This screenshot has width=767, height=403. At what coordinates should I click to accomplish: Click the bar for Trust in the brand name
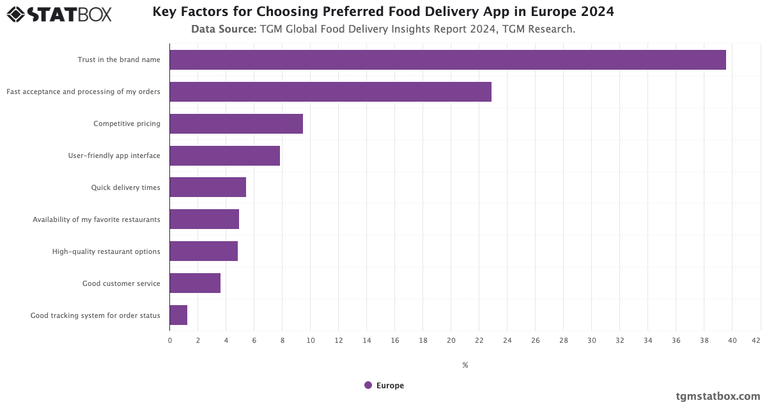click(x=447, y=59)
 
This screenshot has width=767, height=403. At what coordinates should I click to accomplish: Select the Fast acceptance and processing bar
click(x=330, y=91)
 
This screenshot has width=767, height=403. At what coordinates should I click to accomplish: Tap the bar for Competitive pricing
click(x=236, y=123)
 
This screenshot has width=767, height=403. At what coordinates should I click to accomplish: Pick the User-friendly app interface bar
click(x=224, y=155)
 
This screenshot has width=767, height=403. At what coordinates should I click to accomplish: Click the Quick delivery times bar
click(x=208, y=187)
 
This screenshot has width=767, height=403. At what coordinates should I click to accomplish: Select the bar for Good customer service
click(x=195, y=283)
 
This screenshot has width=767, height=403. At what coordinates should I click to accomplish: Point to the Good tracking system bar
click(x=178, y=315)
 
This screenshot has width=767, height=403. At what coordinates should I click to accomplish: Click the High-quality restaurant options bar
click(x=203, y=251)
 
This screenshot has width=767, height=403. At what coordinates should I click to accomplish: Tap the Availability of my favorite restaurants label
click(x=97, y=219)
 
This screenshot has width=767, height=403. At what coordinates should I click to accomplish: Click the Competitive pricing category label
click(x=127, y=123)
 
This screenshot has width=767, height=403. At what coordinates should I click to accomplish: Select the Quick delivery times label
click(x=125, y=187)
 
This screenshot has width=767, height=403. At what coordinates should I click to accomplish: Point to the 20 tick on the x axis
click(x=451, y=340)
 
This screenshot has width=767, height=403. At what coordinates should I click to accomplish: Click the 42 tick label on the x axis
click(x=756, y=340)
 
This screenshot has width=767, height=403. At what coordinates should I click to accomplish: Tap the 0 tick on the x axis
click(x=170, y=340)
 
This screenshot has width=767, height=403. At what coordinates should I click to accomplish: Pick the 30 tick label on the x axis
click(x=591, y=340)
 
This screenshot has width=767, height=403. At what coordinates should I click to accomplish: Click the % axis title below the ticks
click(x=465, y=365)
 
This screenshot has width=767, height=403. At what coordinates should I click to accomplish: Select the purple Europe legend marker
click(x=368, y=385)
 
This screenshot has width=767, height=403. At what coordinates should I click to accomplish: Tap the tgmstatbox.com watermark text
click(x=718, y=396)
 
